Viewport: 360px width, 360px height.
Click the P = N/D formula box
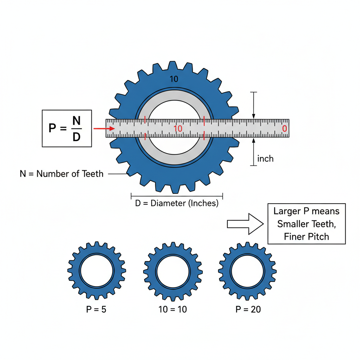tap(67, 128)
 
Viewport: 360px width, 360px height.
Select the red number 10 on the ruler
tap(178, 129)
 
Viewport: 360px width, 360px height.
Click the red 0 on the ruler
tap(284, 129)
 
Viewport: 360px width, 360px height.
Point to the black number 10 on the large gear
tap(174, 79)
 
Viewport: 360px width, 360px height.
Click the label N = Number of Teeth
tap(62, 174)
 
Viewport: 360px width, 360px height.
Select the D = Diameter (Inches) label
tap(176, 204)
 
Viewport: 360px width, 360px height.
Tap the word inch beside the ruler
tap(265, 159)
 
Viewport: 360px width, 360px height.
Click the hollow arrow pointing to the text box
tap(245, 224)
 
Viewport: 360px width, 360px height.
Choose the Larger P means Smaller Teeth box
tap(307, 224)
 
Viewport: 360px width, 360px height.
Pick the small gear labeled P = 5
tap(97, 271)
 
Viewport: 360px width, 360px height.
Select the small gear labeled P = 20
tap(247, 271)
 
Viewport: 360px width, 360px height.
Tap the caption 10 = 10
tap(173, 309)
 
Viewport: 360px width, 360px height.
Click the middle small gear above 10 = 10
tap(173, 271)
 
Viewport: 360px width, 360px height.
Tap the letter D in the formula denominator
tap(76, 137)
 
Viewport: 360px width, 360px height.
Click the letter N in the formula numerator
tap(76, 121)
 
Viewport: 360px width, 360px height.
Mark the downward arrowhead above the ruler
tap(253, 116)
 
